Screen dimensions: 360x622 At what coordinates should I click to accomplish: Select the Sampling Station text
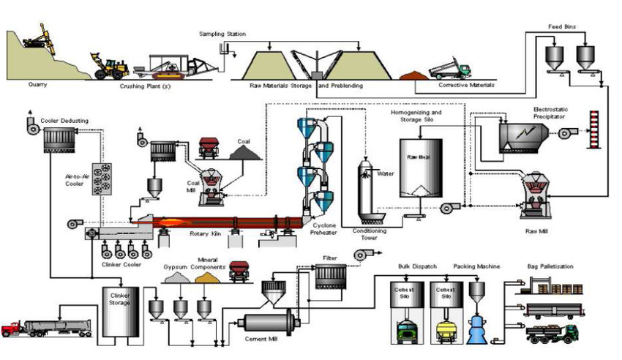222,34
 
